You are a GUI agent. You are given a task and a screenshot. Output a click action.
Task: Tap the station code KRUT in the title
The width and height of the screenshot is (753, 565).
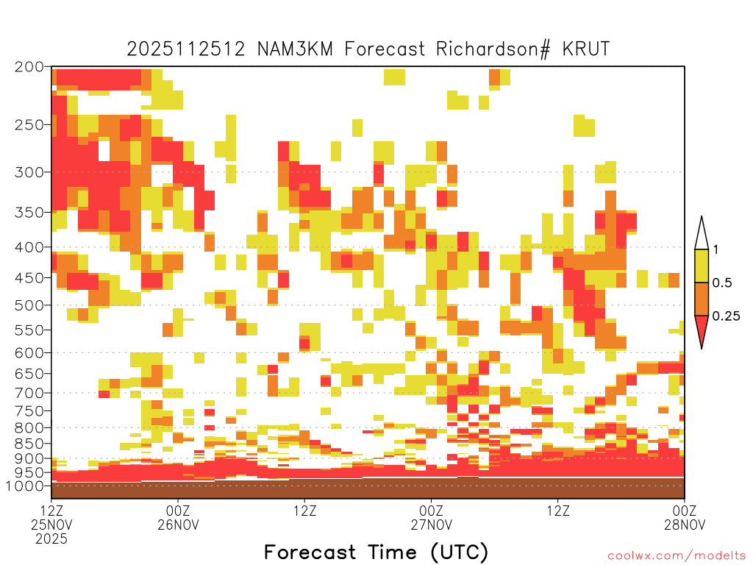pyautogui.click(x=586, y=49)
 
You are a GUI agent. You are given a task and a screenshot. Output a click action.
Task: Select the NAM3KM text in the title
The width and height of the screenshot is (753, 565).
pyautogui.click(x=295, y=49)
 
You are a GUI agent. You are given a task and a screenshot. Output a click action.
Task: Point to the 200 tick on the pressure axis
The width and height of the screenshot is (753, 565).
pyautogui.click(x=29, y=67)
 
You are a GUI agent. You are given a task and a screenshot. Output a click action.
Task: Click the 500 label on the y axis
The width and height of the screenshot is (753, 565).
pyautogui.click(x=29, y=305)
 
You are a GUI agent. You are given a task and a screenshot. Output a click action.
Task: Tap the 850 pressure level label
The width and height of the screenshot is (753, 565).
pyautogui.click(x=29, y=444)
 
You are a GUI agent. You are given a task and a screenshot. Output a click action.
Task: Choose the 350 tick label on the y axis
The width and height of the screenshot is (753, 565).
pyautogui.click(x=29, y=213)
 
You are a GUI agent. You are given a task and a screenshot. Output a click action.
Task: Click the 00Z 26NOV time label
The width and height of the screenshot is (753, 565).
pyautogui.click(x=178, y=517)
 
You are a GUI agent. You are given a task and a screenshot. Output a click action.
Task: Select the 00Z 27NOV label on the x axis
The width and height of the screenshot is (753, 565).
pyautogui.click(x=431, y=517)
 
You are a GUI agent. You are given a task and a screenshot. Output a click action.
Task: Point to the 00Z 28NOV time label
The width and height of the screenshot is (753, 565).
pyautogui.click(x=685, y=517)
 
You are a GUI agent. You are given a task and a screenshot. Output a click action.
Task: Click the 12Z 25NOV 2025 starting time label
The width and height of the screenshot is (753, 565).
pyautogui.click(x=51, y=524)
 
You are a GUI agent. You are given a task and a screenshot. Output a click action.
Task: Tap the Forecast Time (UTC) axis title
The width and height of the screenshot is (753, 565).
pyautogui.click(x=376, y=552)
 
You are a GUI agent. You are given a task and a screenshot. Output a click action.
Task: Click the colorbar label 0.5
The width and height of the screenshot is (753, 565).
pyautogui.click(x=722, y=283)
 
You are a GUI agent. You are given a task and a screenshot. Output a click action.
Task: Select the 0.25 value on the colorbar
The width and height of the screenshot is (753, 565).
pyautogui.click(x=726, y=316)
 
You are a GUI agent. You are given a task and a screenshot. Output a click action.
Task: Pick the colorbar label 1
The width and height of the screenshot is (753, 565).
pyautogui.click(x=715, y=250)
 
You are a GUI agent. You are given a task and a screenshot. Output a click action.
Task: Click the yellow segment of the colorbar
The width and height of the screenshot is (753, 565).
pyautogui.click(x=702, y=266)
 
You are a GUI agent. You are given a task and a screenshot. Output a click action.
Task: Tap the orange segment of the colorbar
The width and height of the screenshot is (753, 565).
pyautogui.click(x=702, y=299)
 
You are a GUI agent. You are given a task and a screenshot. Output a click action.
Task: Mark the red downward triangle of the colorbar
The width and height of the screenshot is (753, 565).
pyautogui.click(x=702, y=329)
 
